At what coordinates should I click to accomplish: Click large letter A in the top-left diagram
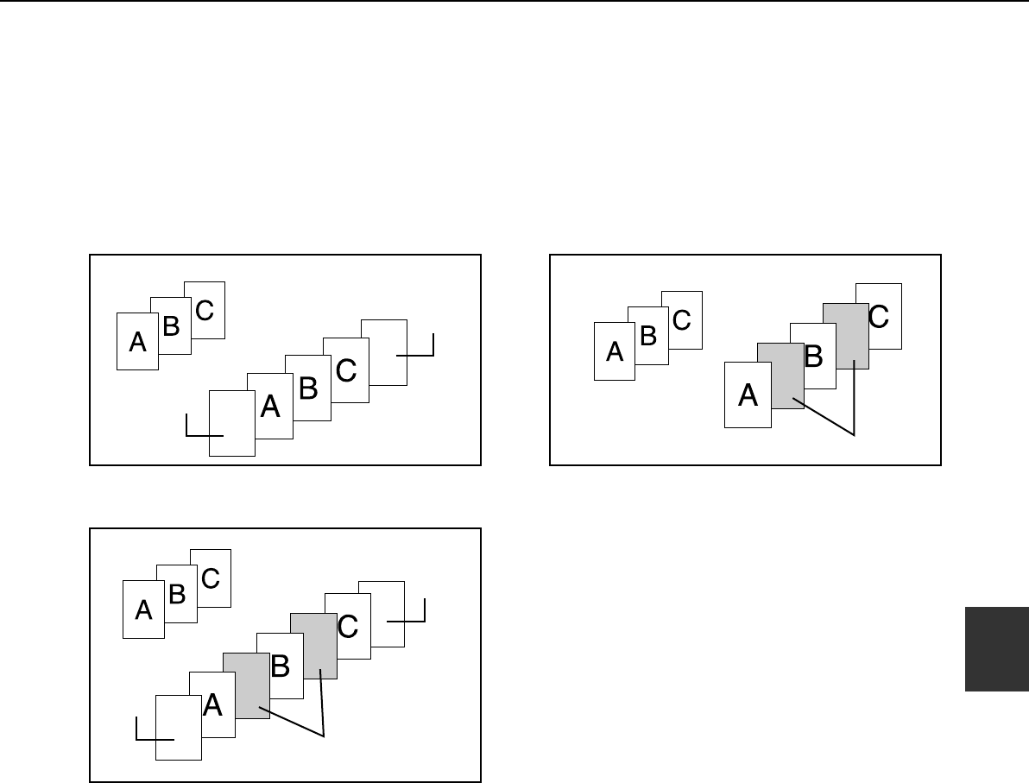[270, 407]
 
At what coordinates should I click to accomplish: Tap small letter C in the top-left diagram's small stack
[205, 310]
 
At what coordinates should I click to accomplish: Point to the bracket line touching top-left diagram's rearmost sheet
[418, 351]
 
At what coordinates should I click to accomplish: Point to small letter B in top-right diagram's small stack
[648, 336]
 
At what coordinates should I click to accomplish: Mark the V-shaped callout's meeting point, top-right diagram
[854, 434]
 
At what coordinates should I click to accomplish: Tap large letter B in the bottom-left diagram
[280, 666]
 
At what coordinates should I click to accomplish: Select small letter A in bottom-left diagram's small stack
[144, 610]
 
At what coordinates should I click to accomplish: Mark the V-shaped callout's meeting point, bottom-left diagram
[324, 735]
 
